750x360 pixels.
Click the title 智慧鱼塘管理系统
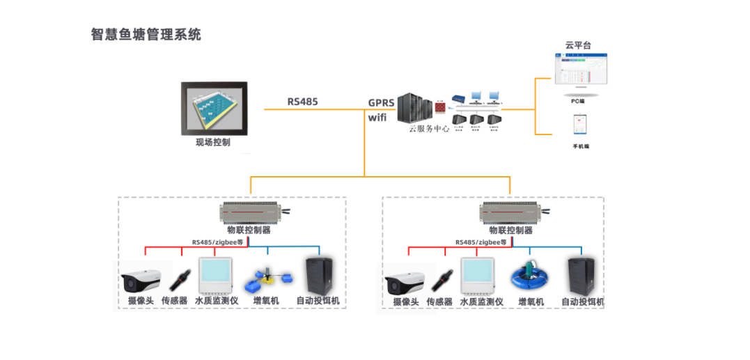[x=146, y=34]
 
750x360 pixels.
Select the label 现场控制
[x=212, y=143]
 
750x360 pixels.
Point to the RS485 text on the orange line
[x=302, y=101]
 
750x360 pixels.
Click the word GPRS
[x=382, y=102]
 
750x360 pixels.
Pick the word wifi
[x=377, y=117]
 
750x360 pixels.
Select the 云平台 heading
[x=578, y=45]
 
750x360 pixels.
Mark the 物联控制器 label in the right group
[x=510, y=230]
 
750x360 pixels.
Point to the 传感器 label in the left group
[x=175, y=302]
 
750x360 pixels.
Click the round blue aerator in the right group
[x=531, y=276]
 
